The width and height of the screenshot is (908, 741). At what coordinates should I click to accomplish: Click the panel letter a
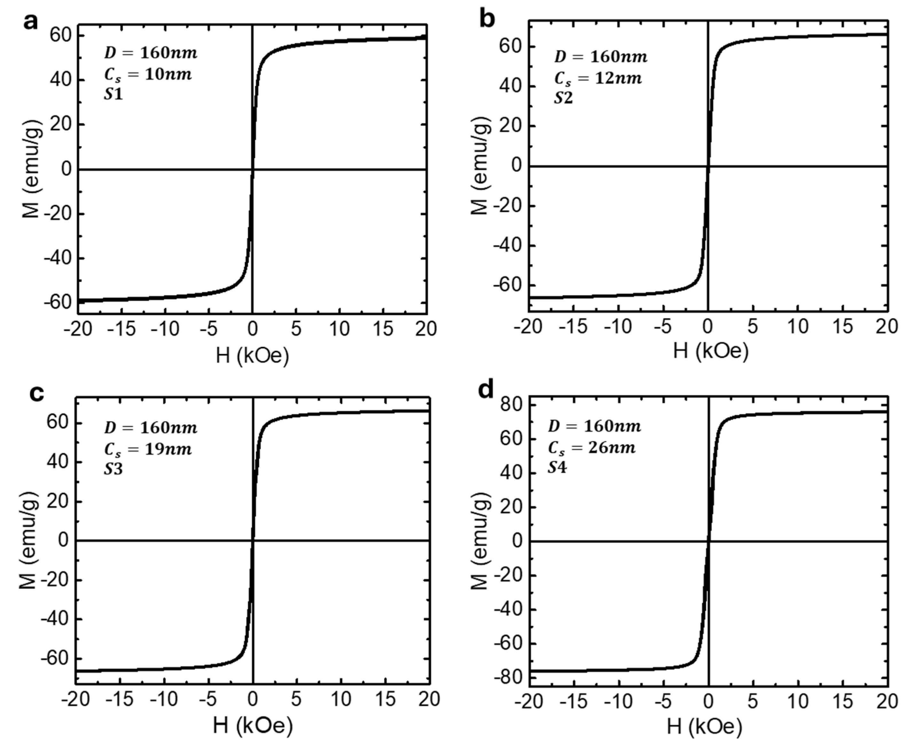[30, 21]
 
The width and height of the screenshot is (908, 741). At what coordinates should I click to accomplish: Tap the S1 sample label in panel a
[113, 94]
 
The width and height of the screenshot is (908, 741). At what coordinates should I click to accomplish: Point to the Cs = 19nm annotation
[148, 449]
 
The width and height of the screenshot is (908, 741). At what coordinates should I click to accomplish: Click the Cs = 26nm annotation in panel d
[591, 448]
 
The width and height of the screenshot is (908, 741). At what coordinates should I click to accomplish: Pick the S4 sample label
[557, 468]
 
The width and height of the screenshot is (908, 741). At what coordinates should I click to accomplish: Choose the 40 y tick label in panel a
[60, 80]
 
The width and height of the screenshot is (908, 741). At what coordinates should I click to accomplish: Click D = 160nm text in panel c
[151, 428]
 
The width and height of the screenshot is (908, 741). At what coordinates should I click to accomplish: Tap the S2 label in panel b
[563, 98]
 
